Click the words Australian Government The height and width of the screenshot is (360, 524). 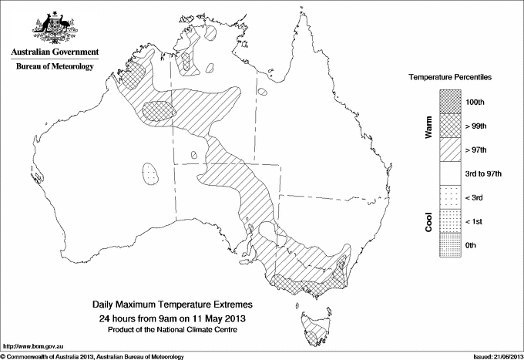tap(54, 52)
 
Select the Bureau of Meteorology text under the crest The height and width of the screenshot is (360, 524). tap(54, 67)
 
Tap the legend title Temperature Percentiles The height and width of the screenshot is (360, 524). tap(450, 79)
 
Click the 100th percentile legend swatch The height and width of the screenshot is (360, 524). tap(450, 102)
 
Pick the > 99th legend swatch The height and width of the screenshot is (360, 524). tap(450, 126)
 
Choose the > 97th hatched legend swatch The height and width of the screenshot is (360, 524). tap(450, 150)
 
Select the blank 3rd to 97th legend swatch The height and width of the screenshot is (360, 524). tap(450, 173)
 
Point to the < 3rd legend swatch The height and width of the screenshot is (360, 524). tap(450, 197)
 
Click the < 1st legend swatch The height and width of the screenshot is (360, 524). tap(450, 221)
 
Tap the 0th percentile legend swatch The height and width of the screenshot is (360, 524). tap(450, 244)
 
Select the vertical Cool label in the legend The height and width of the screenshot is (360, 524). tap(429, 221)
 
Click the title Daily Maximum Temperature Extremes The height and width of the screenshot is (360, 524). tap(173, 305)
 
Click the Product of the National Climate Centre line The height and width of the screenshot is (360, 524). tap(173, 329)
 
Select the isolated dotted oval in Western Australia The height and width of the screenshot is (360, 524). tap(153, 173)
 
